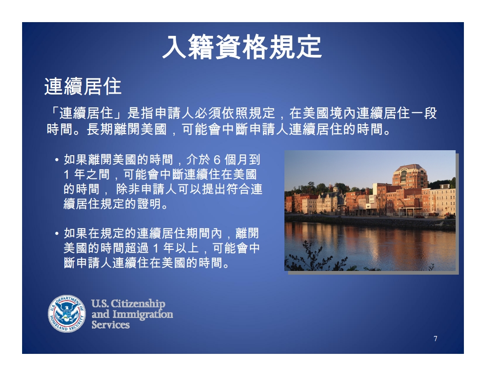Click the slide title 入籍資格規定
242,47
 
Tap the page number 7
435,339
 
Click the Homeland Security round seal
67,313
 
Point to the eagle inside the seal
67,313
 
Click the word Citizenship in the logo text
138,303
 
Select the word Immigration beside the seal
143,314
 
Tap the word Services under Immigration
110,325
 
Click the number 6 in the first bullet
217,160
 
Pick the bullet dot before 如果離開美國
57,160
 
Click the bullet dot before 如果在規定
57,233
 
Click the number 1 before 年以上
156,248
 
